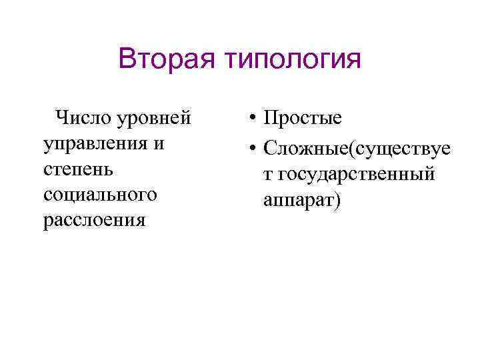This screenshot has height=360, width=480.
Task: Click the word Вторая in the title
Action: [x=167, y=59]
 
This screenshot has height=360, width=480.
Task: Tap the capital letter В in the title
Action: [x=127, y=59]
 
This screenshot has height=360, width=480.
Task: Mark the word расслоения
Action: [x=94, y=221]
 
